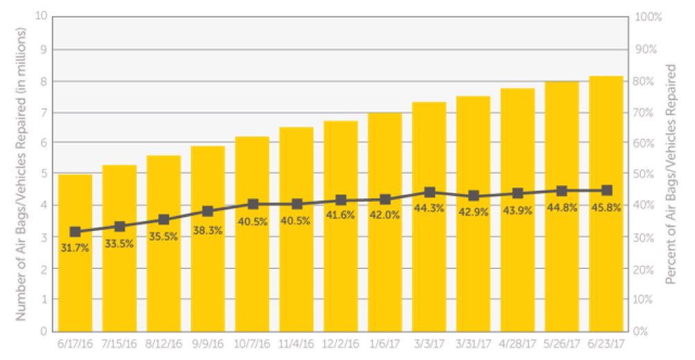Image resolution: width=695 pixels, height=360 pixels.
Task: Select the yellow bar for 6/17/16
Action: click(75, 277)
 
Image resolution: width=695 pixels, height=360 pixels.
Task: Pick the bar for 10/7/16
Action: click(252, 277)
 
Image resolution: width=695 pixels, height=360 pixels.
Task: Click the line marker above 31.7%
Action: click(75, 232)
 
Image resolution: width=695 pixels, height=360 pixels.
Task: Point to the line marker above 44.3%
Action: click(429, 193)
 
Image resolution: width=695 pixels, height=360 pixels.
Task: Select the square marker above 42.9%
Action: click(474, 196)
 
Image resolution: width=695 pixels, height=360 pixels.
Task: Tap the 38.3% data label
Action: click(208, 230)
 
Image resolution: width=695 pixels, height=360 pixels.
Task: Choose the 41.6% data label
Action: click(341, 215)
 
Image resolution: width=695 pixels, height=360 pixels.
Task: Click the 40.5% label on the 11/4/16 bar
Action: click(297, 221)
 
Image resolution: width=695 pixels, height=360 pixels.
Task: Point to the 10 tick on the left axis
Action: click(42, 16)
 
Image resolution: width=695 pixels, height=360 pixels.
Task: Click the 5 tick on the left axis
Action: click(44, 173)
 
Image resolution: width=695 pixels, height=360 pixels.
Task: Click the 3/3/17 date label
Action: click(429, 343)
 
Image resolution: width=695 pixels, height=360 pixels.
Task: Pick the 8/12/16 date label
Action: click(164, 343)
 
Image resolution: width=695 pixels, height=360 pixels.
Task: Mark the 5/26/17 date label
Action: click(562, 343)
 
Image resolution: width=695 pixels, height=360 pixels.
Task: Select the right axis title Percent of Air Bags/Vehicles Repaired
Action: click(671, 173)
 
